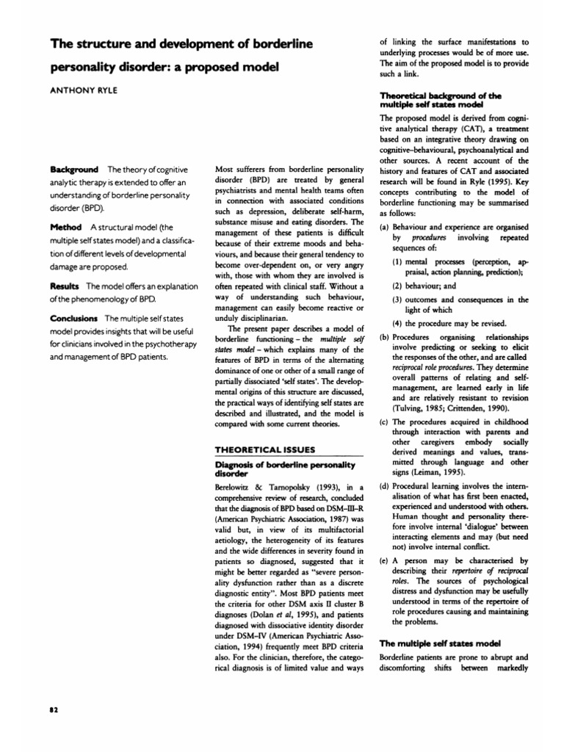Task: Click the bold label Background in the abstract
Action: click(75, 170)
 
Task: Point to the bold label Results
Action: click(65, 285)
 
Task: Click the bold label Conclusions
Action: click(74, 318)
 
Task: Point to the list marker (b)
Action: click(384, 337)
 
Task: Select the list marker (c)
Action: click(384, 422)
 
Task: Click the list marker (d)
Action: click(384, 487)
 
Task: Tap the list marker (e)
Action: click(384, 560)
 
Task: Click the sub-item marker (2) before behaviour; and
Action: click(398, 286)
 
